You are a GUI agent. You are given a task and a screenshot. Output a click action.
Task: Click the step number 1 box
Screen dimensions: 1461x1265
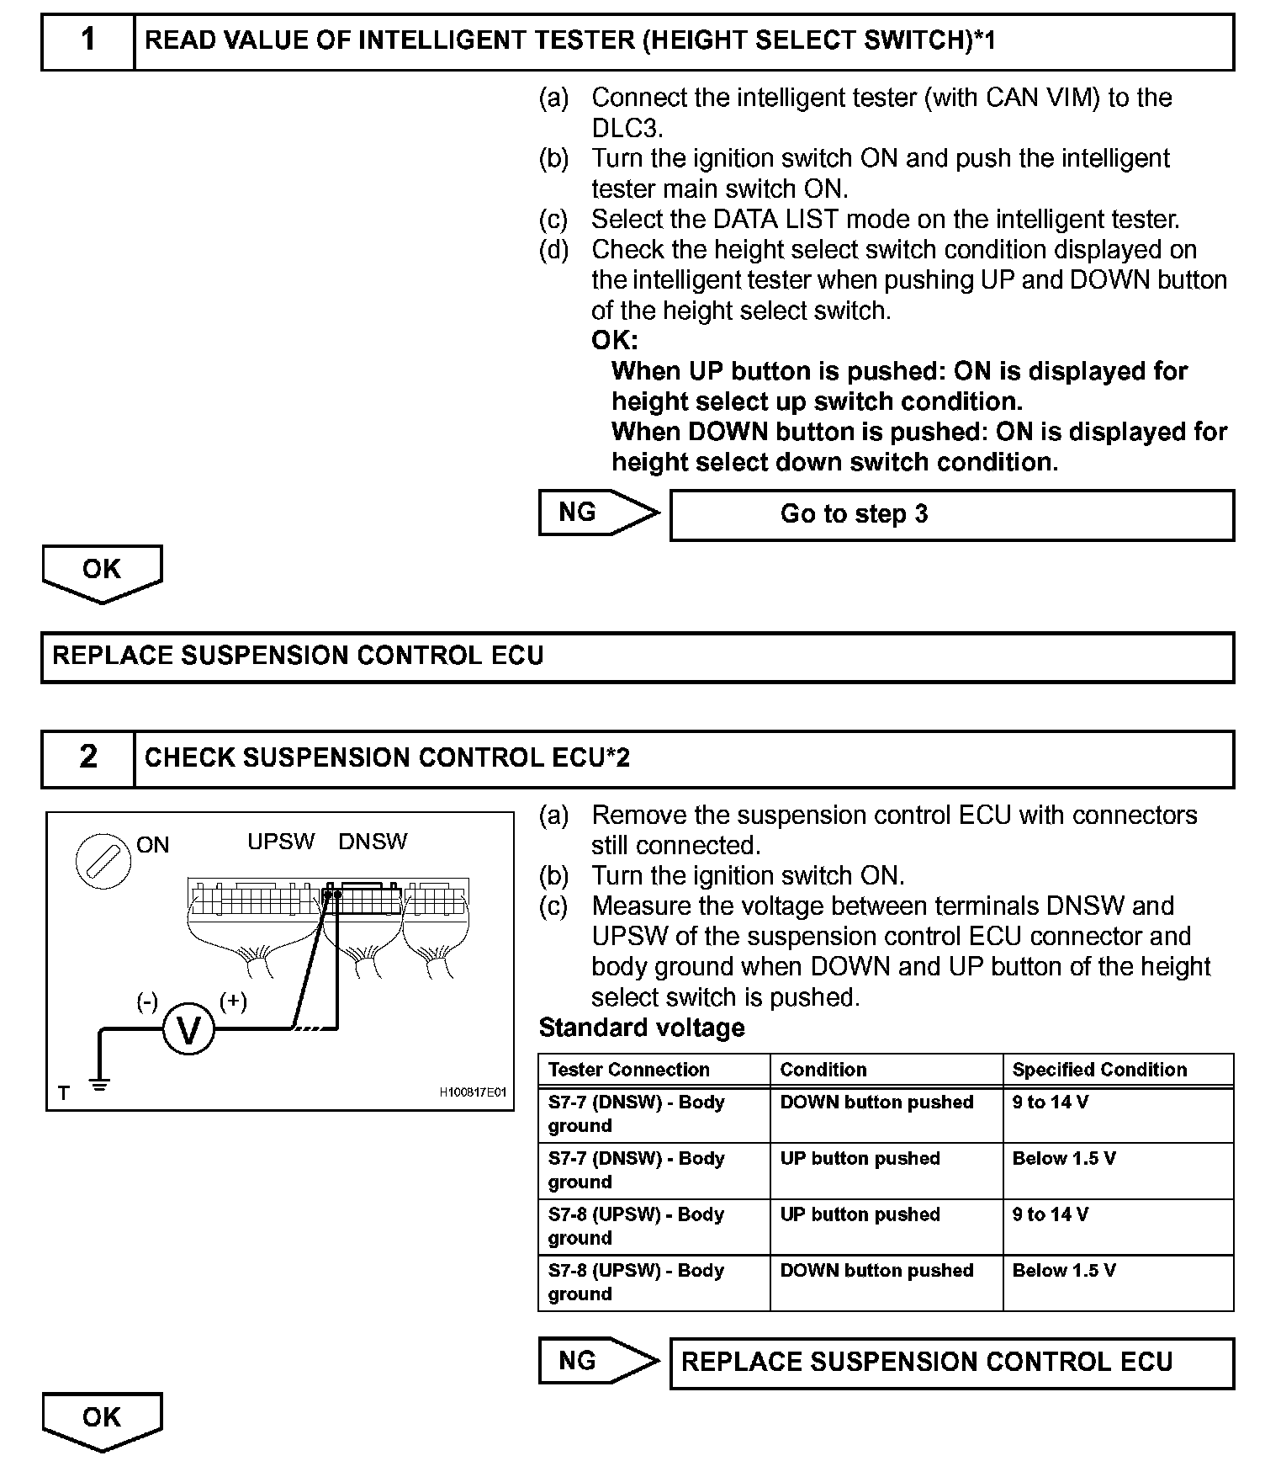(x=88, y=40)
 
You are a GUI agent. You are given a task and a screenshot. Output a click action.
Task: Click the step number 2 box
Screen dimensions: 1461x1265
(x=88, y=757)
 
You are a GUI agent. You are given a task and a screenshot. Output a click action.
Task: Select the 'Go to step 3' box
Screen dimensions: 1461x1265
(x=951, y=514)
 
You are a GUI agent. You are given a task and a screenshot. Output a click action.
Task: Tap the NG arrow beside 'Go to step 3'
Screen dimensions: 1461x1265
(x=598, y=513)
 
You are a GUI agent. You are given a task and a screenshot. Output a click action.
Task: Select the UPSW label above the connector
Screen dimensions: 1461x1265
(x=281, y=842)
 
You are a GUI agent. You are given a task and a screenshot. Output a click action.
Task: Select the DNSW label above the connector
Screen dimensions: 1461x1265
(x=373, y=842)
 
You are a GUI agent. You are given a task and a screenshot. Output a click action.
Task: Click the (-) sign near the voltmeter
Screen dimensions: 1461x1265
(x=147, y=1001)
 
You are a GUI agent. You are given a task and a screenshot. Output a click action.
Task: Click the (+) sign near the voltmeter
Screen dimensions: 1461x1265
(x=233, y=1001)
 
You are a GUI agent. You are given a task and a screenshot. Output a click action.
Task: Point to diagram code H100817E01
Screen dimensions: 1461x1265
(x=473, y=1092)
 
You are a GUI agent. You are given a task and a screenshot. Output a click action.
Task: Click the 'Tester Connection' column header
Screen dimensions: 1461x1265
(x=628, y=1070)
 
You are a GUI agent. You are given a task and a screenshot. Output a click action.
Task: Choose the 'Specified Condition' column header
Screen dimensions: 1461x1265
(x=1099, y=1070)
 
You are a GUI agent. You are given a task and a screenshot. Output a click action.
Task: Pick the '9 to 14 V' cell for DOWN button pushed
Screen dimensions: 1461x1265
(x=1050, y=1102)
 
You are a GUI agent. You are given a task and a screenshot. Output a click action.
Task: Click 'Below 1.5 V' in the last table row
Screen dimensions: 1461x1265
(x=1064, y=1271)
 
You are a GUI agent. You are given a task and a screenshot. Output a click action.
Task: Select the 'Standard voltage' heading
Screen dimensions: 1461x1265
(x=642, y=1028)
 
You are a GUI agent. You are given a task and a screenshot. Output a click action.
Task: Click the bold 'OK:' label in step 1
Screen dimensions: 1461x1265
(x=615, y=341)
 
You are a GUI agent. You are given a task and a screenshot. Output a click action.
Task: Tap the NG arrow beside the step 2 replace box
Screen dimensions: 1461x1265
(x=598, y=1361)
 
